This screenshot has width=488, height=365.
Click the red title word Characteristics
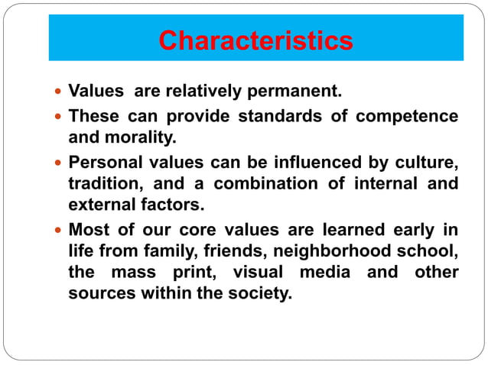[x=255, y=40]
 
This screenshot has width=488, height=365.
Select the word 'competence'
[x=412, y=117]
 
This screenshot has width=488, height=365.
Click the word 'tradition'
[x=102, y=184]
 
